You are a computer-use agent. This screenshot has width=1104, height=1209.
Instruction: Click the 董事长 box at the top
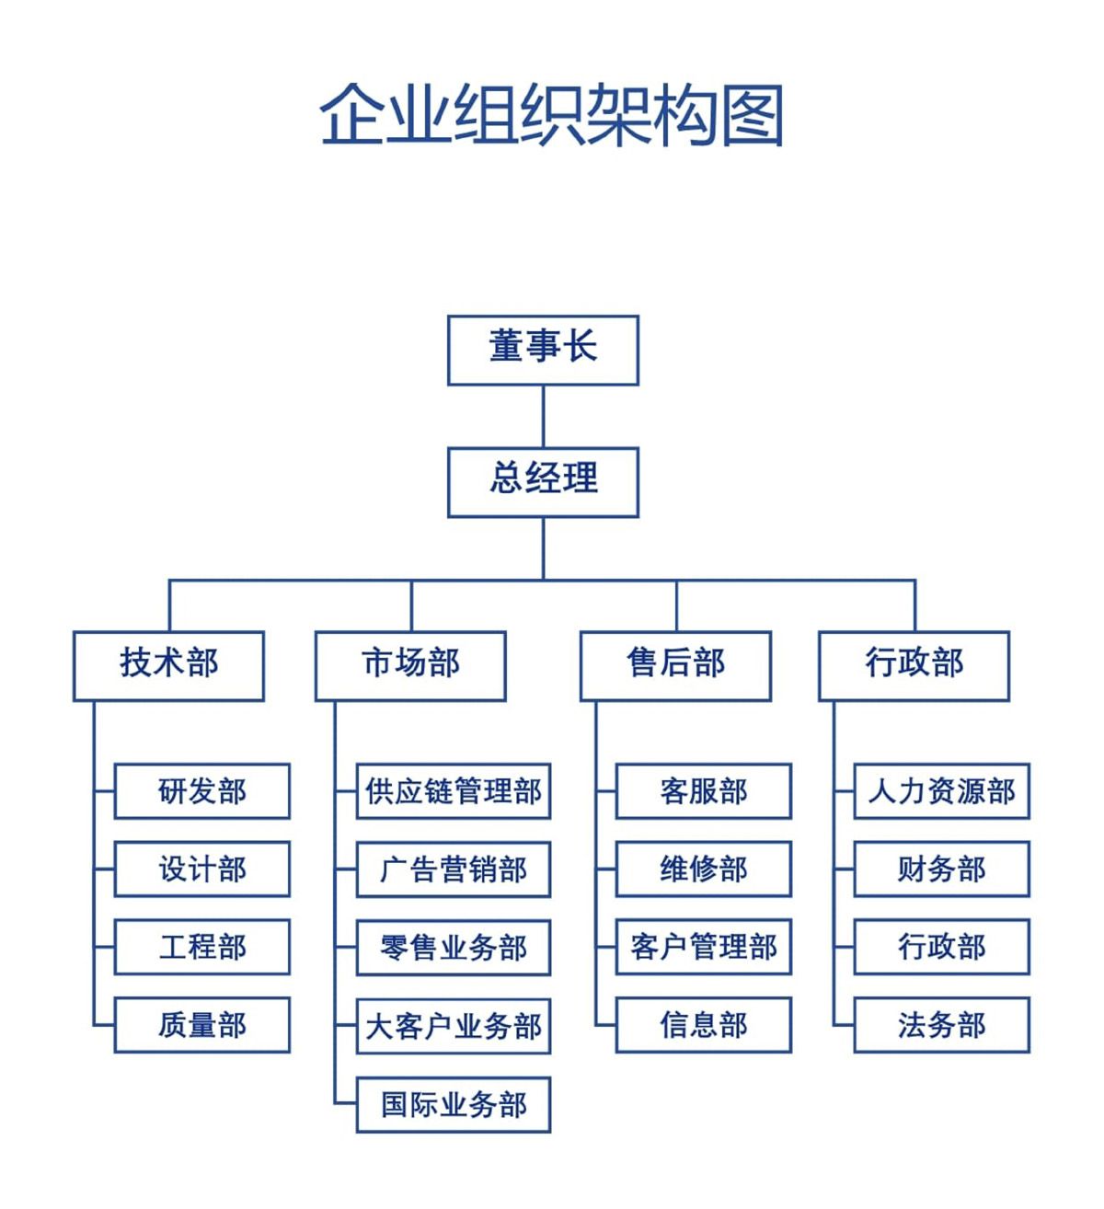(x=543, y=350)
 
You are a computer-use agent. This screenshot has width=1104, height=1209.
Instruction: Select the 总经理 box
(x=543, y=481)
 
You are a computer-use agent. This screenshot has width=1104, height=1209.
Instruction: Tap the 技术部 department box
(x=168, y=665)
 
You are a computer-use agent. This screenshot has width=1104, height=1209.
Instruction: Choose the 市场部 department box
(x=410, y=665)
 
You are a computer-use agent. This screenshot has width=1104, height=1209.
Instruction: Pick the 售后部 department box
(x=675, y=665)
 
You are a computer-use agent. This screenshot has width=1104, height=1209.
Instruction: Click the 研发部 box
(x=201, y=790)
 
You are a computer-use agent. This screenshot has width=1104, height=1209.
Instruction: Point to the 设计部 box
(x=201, y=869)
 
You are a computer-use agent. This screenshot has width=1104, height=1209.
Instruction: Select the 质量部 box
(x=201, y=1024)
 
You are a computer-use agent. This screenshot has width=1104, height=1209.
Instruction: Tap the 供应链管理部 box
(x=454, y=790)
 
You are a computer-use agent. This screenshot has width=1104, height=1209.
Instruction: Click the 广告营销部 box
(x=454, y=869)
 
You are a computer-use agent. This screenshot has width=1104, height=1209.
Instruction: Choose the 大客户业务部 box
(x=454, y=1026)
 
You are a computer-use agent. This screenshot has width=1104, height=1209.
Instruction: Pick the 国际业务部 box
(x=454, y=1104)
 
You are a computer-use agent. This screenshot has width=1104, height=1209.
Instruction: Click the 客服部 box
(x=703, y=790)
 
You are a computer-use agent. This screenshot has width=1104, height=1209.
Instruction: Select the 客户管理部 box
(x=703, y=947)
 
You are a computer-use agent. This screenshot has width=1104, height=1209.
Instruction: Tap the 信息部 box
(x=703, y=1024)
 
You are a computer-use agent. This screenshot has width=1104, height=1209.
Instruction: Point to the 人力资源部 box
(x=941, y=790)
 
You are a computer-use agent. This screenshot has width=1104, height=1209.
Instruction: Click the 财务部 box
(x=941, y=869)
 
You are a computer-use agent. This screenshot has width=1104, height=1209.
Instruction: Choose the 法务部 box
(x=941, y=1024)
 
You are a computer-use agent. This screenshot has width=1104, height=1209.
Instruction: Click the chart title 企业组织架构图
(x=551, y=115)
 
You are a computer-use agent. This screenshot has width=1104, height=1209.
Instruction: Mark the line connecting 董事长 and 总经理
(x=543, y=416)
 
